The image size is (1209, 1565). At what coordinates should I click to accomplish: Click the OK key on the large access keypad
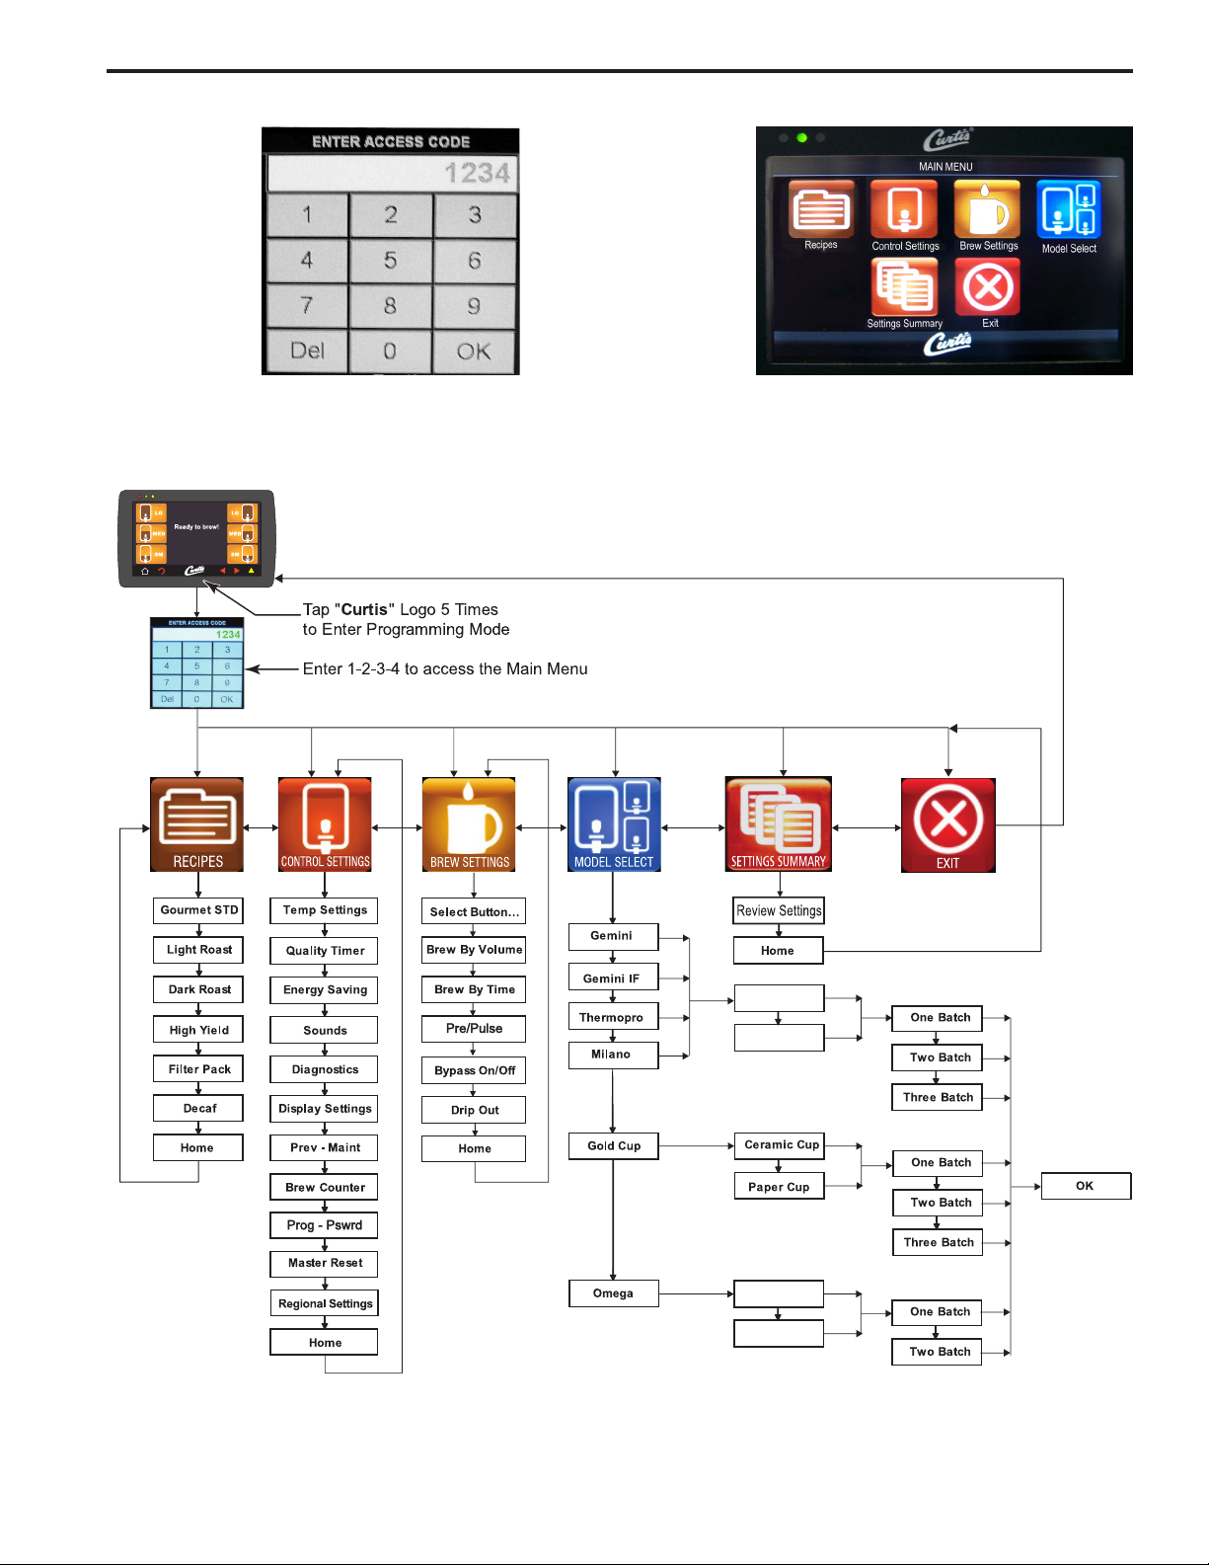[x=474, y=352]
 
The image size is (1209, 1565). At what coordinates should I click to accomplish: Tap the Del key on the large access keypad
[x=307, y=352]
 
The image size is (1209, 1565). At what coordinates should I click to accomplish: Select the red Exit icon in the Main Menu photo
[x=988, y=288]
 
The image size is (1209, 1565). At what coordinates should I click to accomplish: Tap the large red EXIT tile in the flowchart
[x=947, y=824]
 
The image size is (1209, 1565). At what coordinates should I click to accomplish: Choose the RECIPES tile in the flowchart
[x=197, y=824]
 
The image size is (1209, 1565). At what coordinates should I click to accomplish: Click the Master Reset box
[x=325, y=1263]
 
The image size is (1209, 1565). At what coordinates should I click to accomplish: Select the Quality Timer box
[x=325, y=951]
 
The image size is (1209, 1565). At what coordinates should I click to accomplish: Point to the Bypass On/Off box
[x=474, y=1070]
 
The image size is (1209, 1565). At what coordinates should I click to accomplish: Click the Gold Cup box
[x=614, y=1146]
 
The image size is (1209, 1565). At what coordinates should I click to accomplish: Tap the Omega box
[x=613, y=1293]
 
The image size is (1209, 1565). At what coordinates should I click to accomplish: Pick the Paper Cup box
[x=779, y=1187]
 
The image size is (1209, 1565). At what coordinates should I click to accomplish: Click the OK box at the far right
[x=1085, y=1186]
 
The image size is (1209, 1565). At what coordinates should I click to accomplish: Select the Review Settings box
[x=779, y=910]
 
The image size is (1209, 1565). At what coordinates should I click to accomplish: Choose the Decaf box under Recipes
[x=198, y=1109]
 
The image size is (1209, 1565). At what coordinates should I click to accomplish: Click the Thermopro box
[x=612, y=1017]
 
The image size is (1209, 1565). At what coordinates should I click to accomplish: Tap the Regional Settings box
[x=325, y=1303]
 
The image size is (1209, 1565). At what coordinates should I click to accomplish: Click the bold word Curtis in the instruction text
[x=364, y=610]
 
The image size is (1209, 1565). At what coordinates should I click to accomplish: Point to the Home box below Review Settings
[x=778, y=951]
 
